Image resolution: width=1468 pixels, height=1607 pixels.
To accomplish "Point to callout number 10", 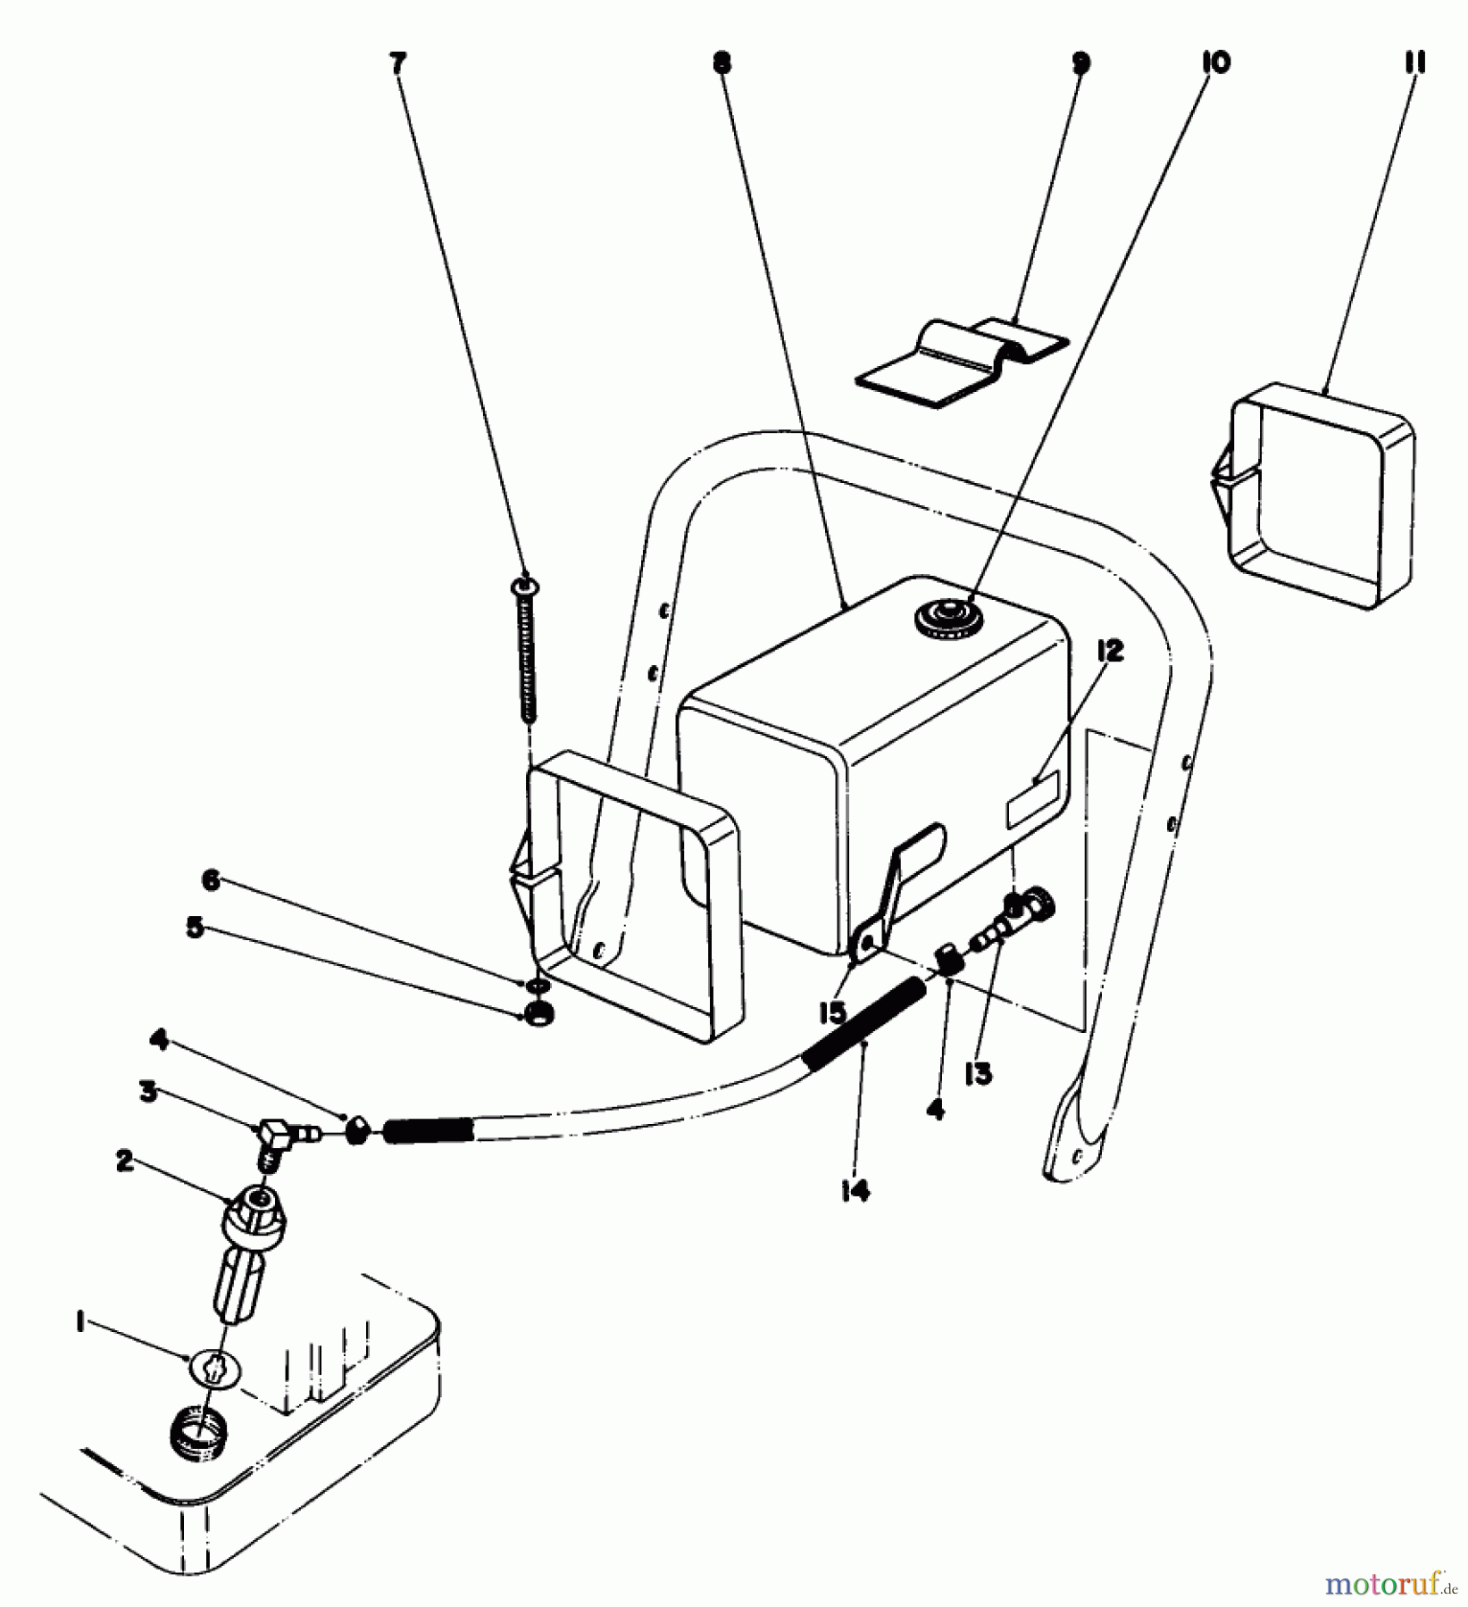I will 1214,62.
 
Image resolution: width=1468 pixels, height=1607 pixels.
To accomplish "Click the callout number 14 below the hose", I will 855,1190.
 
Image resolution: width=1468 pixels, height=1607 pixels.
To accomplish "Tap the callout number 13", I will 979,1074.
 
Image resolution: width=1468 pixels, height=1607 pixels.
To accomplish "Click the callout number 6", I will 211,881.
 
